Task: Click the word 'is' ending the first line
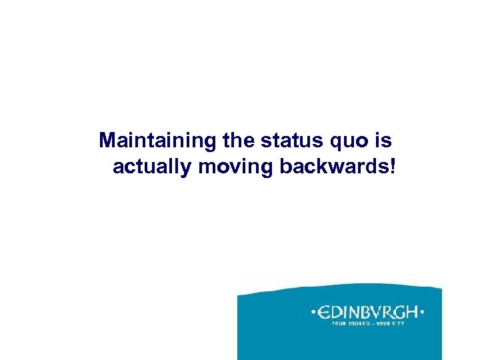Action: click(x=384, y=141)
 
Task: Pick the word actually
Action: click(x=153, y=167)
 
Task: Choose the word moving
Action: click(x=236, y=167)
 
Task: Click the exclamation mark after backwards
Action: click(x=392, y=166)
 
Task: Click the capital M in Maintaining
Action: click(x=107, y=141)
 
